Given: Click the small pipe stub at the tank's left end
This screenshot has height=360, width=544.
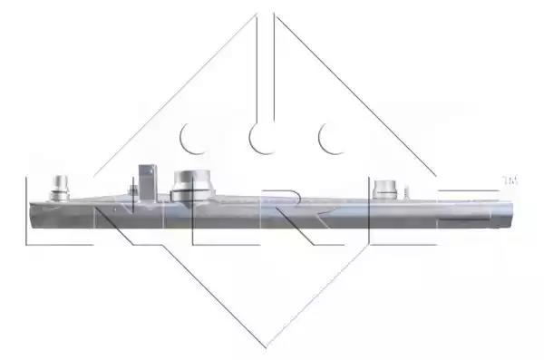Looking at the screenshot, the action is click(x=60, y=188).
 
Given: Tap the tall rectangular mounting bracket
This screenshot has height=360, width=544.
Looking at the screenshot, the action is click(x=148, y=182).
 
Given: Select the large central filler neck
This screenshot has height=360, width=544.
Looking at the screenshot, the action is click(x=192, y=186).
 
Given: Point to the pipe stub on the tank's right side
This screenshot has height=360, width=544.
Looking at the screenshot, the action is click(x=384, y=190).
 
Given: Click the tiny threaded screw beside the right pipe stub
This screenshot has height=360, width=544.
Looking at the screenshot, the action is click(x=406, y=193).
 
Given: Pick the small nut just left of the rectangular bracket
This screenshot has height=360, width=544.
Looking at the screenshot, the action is click(x=133, y=190).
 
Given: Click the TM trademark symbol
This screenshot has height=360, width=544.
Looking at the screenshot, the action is click(x=510, y=180).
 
